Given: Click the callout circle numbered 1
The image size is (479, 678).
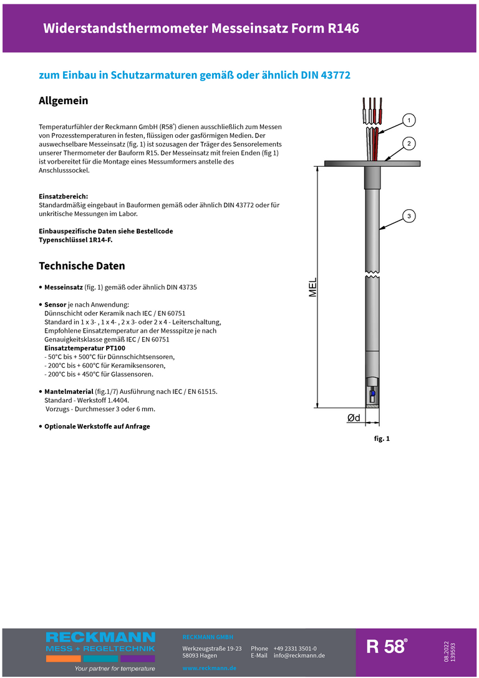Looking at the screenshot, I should (409, 119).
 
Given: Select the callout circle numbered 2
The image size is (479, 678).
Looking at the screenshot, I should (409, 144).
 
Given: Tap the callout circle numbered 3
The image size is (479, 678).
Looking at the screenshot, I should (409, 216).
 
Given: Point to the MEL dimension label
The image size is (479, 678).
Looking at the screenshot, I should (313, 288).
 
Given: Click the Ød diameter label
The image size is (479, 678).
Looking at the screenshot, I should (354, 418).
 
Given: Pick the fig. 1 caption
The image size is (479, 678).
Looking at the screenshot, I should (382, 439).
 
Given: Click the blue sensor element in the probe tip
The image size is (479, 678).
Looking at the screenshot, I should (372, 394).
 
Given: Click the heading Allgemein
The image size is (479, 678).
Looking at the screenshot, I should (64, 101).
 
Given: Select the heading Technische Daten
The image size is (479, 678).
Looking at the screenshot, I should (82, 266).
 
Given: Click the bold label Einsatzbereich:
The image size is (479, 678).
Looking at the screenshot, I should (63, 196).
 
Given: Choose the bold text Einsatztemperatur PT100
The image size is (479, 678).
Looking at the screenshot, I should (85, 348).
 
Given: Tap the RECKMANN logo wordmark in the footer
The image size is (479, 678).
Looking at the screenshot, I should (100, 637).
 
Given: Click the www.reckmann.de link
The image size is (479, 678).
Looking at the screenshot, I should (209, 668).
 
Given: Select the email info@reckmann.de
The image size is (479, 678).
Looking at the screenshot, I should (299, 656).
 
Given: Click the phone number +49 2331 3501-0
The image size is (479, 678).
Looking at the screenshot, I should (294, 649).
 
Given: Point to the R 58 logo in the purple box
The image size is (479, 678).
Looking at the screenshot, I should (387, 647).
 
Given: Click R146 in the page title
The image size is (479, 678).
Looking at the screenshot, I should (343, 28).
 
